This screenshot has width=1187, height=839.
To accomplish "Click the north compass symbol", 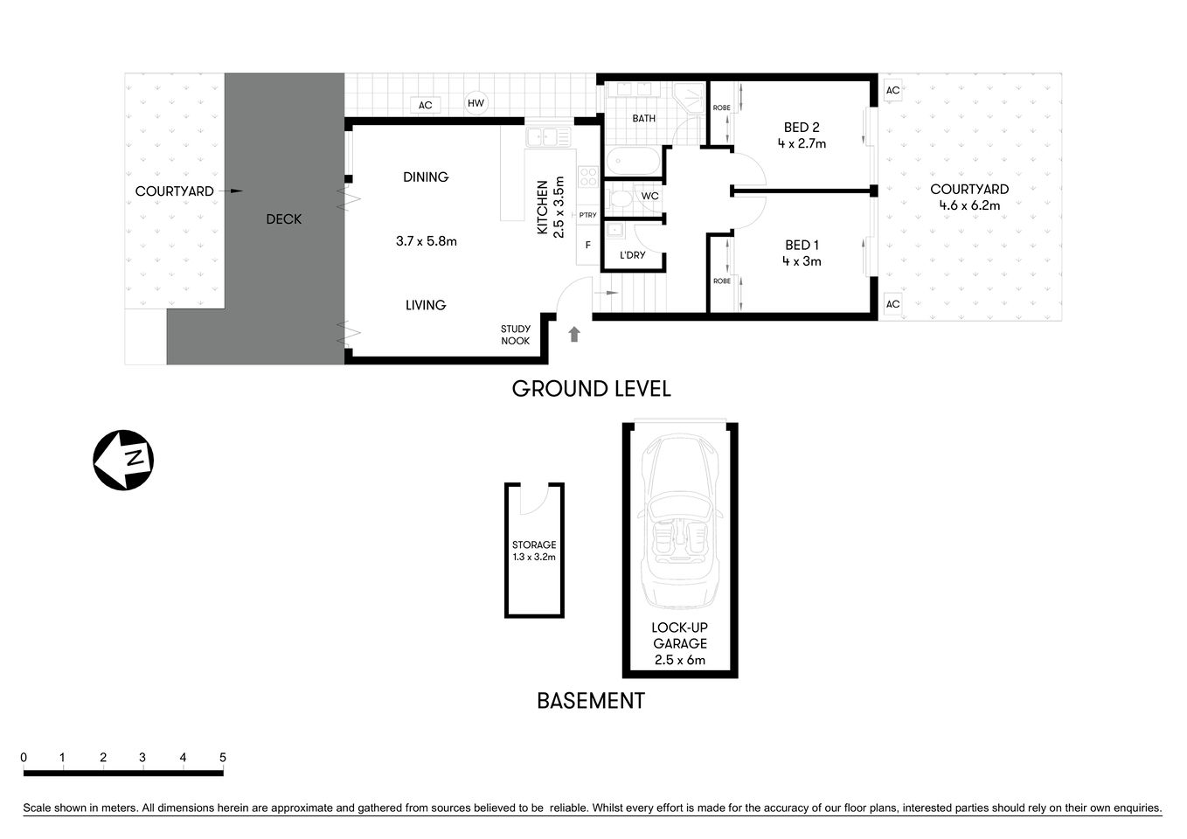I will (123, 460).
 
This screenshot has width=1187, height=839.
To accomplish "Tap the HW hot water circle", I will (475, 103).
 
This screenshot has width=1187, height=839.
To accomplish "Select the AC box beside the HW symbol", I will (425, 106).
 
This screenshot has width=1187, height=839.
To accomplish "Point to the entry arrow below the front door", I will (574, 334).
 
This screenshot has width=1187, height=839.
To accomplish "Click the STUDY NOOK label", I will (515, 336).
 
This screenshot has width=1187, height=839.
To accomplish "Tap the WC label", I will (649, 197).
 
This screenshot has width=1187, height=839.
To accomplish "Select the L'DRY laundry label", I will (632, 255).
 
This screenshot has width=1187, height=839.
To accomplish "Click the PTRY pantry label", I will (587, 216).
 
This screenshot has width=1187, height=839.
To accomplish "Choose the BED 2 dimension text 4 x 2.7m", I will (802, 144).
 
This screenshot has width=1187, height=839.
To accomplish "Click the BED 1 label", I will (802, 246).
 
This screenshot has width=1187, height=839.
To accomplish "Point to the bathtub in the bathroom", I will (633, 161).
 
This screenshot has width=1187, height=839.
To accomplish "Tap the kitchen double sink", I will (548, 137).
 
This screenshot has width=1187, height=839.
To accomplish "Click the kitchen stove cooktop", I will (588, 177).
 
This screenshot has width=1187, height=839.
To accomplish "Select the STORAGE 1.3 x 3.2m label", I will (534, 551).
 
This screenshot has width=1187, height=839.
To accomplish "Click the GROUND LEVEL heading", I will (591, 389).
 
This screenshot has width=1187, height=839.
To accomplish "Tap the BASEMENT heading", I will (590, 701).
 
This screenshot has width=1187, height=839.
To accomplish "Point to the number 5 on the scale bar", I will (223, 758).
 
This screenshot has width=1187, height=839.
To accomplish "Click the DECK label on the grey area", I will (284, 219).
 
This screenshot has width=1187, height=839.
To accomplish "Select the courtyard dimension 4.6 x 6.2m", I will (969, 206).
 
